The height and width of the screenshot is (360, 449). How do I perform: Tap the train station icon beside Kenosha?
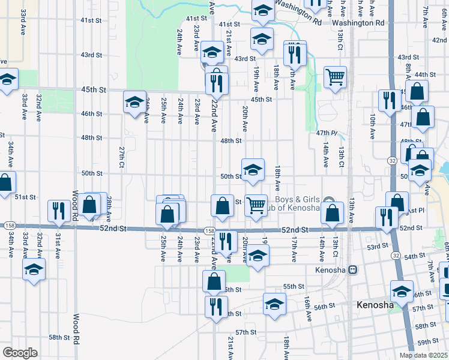point(354,270)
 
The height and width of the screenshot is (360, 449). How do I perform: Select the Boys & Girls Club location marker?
point(328,201)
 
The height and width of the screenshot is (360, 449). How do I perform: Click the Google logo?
point(20,353)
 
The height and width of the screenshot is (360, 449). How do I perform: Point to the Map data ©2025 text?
point(424,355)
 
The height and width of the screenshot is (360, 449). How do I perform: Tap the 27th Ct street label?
point(121,157)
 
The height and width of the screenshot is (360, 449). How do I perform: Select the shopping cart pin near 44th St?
point(335,77)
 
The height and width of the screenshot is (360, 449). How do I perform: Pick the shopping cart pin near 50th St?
point(256,205)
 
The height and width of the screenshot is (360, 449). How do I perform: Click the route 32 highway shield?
point(392,161)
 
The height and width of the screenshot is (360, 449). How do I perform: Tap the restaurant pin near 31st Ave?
point(58,210)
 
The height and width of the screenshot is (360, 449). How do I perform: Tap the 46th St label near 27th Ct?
point(91,113)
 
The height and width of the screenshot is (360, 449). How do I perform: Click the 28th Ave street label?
point(109,205)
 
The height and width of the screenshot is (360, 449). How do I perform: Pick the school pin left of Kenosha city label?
point(275,303)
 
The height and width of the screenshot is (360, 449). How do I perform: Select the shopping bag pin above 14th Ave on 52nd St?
point(332,212)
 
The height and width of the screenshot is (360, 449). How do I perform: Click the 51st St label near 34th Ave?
point(26,197)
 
